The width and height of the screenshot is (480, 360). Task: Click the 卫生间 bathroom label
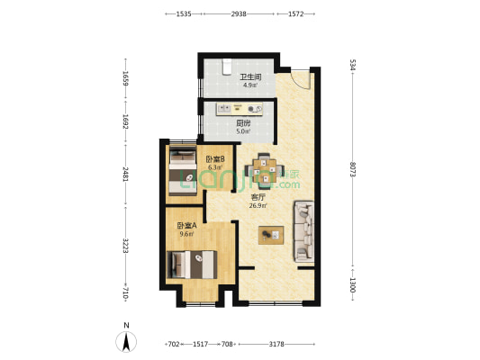249,77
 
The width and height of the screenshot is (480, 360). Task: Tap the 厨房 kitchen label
243,123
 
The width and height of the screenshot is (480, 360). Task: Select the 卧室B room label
214,159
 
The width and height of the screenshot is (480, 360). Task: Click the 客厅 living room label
258,197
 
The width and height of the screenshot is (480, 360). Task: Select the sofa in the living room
303,232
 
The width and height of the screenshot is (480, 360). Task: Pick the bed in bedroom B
182,172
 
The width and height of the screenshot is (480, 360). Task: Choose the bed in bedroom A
192,265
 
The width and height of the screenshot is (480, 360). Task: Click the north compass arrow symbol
127,341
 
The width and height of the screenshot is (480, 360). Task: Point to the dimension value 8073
354,168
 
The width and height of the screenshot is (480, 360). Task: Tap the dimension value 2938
239,14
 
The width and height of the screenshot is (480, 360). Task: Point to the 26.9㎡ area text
258,205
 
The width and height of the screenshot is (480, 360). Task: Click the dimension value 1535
183,14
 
